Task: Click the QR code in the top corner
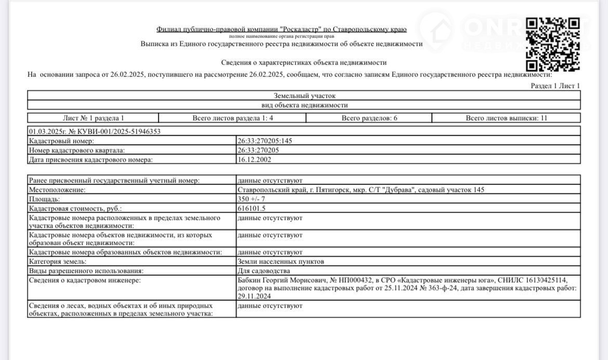click(x=553, y=44)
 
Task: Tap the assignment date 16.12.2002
click(x=254, y=159)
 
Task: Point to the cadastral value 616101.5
click(x=252, y=208)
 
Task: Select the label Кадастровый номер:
click(x=61, y=141)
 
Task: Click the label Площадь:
click(x=45, y=199)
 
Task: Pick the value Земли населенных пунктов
click(x=281, y=261)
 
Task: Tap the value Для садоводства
click(x=263, y=271)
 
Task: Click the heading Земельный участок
click(x=305, y=96)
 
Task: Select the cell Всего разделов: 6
click(x=369, y=118)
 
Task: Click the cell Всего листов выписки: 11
click(x=506, y=118)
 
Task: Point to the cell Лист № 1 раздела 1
click(x=94, y=118)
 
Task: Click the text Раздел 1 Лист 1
click(x=555, y=86)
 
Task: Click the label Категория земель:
click(x=58, y=261)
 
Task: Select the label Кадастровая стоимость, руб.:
click(x=75, y=208)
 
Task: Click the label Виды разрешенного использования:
click(x=86, y=271)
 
